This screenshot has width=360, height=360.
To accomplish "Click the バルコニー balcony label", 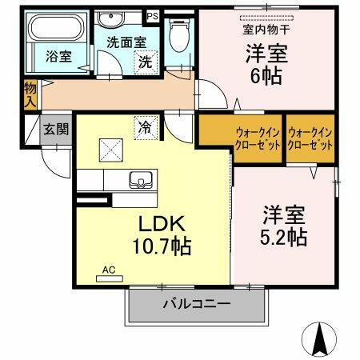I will [x=197, y=304].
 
